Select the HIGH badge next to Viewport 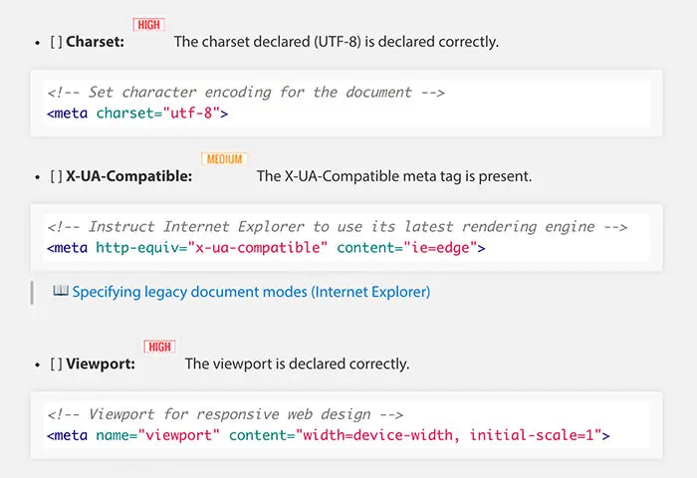tap(159, 347)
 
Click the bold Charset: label tap(95, 43)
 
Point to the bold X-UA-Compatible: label tap(129, 176)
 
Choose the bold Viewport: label tap(101, 364)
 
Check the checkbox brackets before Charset tap(56, 43)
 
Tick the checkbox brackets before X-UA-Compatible tap(56, 176)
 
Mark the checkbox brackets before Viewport tap(56, 364)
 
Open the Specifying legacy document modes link tap(251, 292)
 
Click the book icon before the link tap(61, 292)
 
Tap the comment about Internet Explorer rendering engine tap(338, 227)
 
